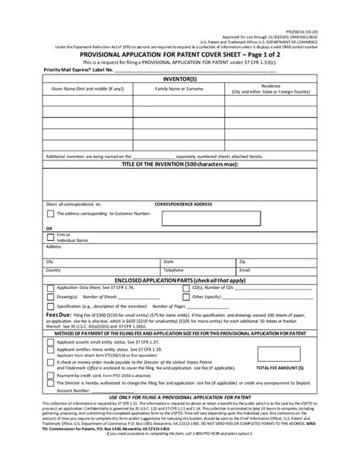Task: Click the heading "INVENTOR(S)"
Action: click(x=180, y=79)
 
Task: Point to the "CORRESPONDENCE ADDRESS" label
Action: click(x=183, y=204)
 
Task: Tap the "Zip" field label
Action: click(x=242, y=261)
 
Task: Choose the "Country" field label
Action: click(x=53, y=269)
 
